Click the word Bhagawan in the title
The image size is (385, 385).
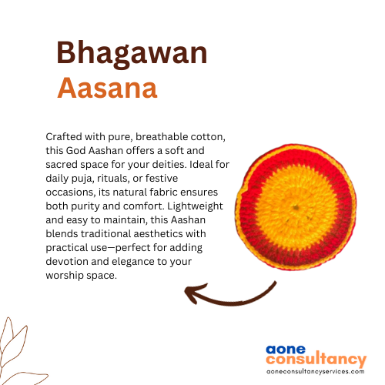point(132,54)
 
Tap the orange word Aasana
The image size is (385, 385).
point(107,88)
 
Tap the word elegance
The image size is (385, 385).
point(133,262)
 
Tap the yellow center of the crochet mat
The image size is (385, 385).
point(296,207)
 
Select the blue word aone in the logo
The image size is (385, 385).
point(286,350)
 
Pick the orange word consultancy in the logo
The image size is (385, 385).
point(316,359)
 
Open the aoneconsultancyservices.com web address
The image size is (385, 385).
point(316,371)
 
